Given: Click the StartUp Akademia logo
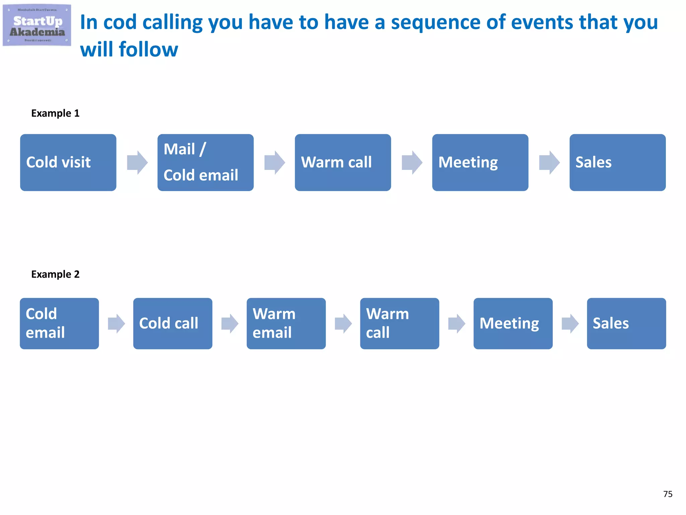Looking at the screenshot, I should click(x=37, y=25).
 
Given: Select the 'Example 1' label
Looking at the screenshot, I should click(x=55, y=113).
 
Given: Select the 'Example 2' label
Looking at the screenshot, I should click(x=55, y=274).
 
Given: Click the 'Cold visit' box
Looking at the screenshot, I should click(x=68, y=163).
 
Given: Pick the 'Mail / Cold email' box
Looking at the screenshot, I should click(x=205, y=163).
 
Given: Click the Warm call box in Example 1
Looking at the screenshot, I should click(x=343, y=163).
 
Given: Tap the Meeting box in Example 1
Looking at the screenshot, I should click(x=480, y=163).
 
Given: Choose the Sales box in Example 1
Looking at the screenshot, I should click(x=617, y=163).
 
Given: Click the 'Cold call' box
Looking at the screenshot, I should click(x=173, y=324).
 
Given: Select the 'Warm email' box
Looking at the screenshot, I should click(x=286, y=324).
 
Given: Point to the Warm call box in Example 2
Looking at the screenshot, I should click(x=399, y=324).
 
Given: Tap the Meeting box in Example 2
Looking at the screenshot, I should click(x=513, y=324).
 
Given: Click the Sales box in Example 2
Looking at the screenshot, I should click(x=626, y=324).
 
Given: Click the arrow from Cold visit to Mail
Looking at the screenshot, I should click(x=137, y=163).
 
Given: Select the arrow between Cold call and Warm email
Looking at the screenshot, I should click(x=230, y=324).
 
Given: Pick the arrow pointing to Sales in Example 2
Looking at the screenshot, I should click(x=570, y=324).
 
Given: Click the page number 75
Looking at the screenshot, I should click(x=668, y=494).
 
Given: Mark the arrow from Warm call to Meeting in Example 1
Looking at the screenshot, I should click(x=412, y=163).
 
